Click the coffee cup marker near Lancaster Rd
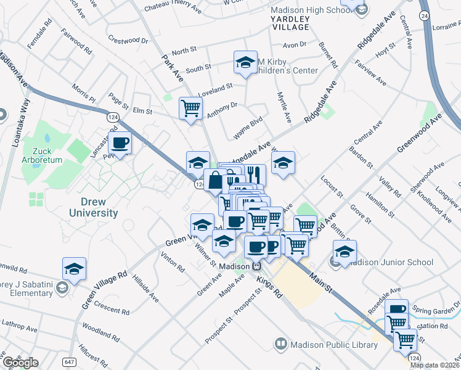point(120,144)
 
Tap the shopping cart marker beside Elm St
point(191,109)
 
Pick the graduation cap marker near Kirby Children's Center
point(245,63)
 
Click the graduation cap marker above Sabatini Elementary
point(74,269)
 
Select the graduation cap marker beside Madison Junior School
point(345,252)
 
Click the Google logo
point(20,362)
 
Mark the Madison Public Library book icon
point(281,343)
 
